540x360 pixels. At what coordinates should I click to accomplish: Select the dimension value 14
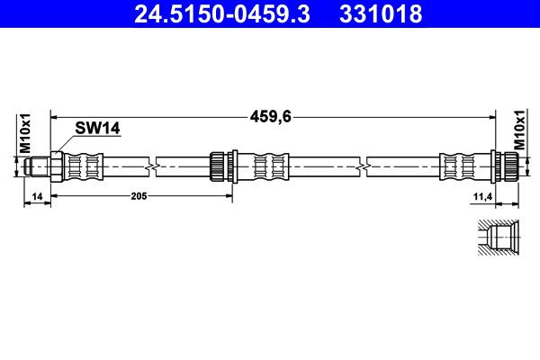[36, 195]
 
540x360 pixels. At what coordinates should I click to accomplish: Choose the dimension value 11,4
[481, 195]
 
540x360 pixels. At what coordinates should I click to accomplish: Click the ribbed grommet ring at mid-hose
[219, 166]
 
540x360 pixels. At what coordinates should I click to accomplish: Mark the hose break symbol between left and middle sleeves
[158, 166]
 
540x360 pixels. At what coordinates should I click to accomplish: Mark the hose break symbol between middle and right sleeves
[362, 166]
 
